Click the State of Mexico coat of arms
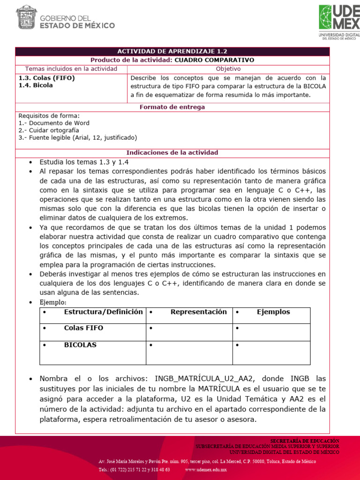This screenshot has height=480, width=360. click(x=27, y=17)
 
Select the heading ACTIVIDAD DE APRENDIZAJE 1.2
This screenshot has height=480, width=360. click(x=172, y=52)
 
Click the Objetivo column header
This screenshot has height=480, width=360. click(x=228, y=69)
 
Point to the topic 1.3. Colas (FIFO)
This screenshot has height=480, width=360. click(x=46, y=78)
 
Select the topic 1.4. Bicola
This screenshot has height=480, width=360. click(x=36, y=85)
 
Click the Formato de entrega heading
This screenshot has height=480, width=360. click(x=172, y=107)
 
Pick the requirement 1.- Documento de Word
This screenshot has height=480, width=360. click(x=54, y=123)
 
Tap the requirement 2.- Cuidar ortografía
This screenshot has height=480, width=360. click(x=49, y=130)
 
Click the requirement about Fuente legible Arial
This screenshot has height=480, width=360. click(x=77, y=138)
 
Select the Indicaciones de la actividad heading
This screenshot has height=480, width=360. click(x=172, y=153)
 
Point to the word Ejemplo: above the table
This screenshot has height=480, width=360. click(x=53, y=302)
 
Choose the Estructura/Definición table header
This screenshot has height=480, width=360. click(x=103, y=312)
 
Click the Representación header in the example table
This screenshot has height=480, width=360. click(x=198, y=312)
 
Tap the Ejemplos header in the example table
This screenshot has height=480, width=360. click(x=273, y=312)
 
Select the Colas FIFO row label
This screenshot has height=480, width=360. click(x=83, y=328)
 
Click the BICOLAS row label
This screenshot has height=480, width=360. click(x=80, y=345)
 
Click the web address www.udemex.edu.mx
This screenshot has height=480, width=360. click(x=206, y=469)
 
